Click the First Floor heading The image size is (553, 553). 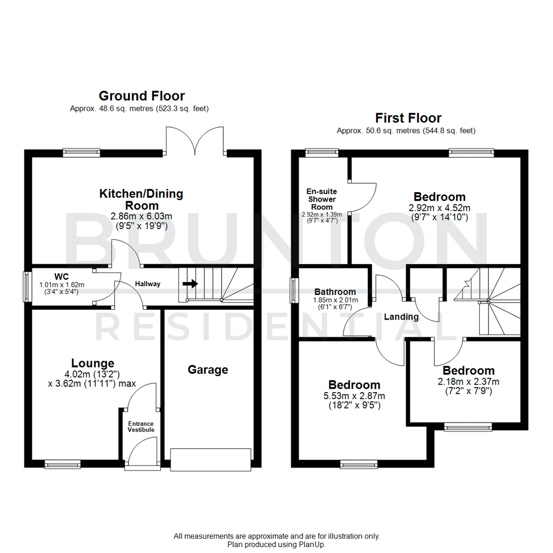(x=408, y=118)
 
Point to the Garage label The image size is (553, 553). (x=208, y=370)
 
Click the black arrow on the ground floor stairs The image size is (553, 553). (x=190, y=283)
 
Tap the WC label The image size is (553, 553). (x=62, y=277)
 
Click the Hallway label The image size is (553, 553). (x=147, y=284)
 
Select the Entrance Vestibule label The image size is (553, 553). (x=141, y=427)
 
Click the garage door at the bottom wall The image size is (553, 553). (x=211, y=459)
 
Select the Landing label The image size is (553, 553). (x=401, y=317)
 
